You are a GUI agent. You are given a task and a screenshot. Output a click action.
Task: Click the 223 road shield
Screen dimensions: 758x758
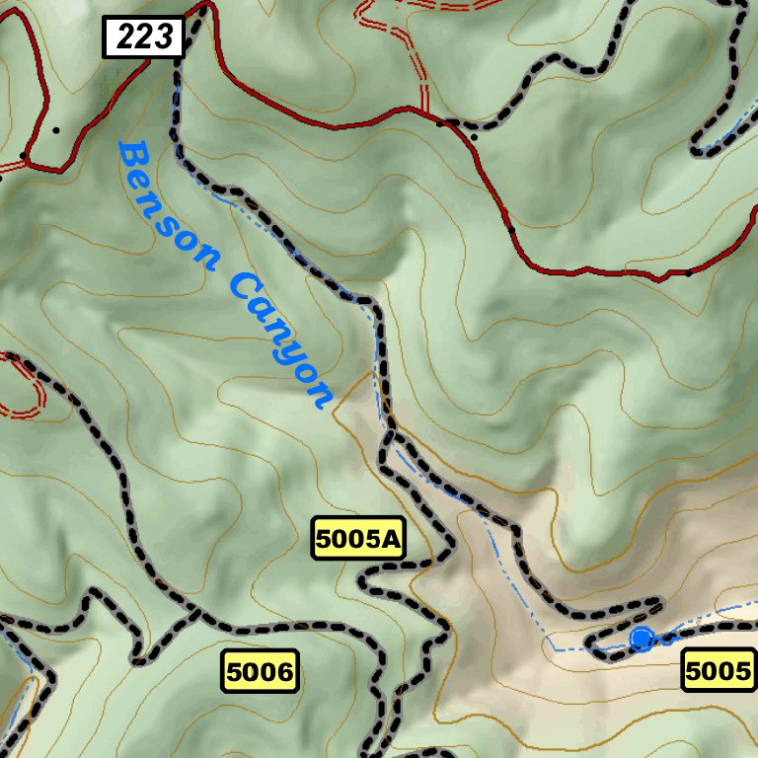point(144,38)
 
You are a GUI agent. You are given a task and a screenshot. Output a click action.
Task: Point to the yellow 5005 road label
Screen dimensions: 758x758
point(719,672)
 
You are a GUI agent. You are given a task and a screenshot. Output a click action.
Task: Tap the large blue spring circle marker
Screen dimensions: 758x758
point(642,640)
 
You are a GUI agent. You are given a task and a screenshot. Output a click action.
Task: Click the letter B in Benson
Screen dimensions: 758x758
point(133,158)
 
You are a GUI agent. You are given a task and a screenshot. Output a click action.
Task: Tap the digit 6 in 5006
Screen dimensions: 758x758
point(284,672)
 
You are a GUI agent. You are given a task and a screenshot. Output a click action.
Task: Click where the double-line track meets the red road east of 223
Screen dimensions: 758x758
point(426,113)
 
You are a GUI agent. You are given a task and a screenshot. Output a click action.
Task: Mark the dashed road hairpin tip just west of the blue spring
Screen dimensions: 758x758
point(590,646)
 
